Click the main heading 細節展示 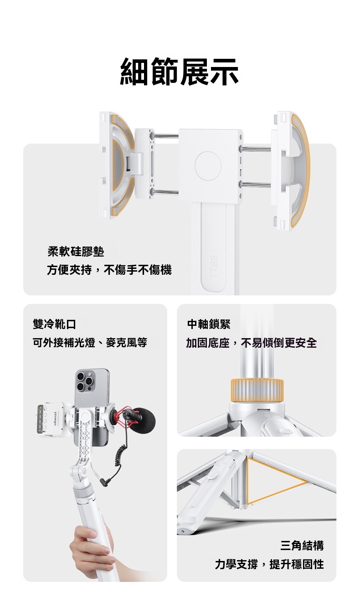click(179, 72)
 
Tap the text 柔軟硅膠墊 click(76, 252)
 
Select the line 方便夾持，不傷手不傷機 click(109, 270)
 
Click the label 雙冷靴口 click(54, 324)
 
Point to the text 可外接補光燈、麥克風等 click(90, 342)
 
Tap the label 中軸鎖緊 click(209, 324)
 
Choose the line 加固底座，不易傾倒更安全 click(252, 342)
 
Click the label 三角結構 click(302, 545)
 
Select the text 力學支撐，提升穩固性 click(269, 564)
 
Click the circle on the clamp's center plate click(208, 166)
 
